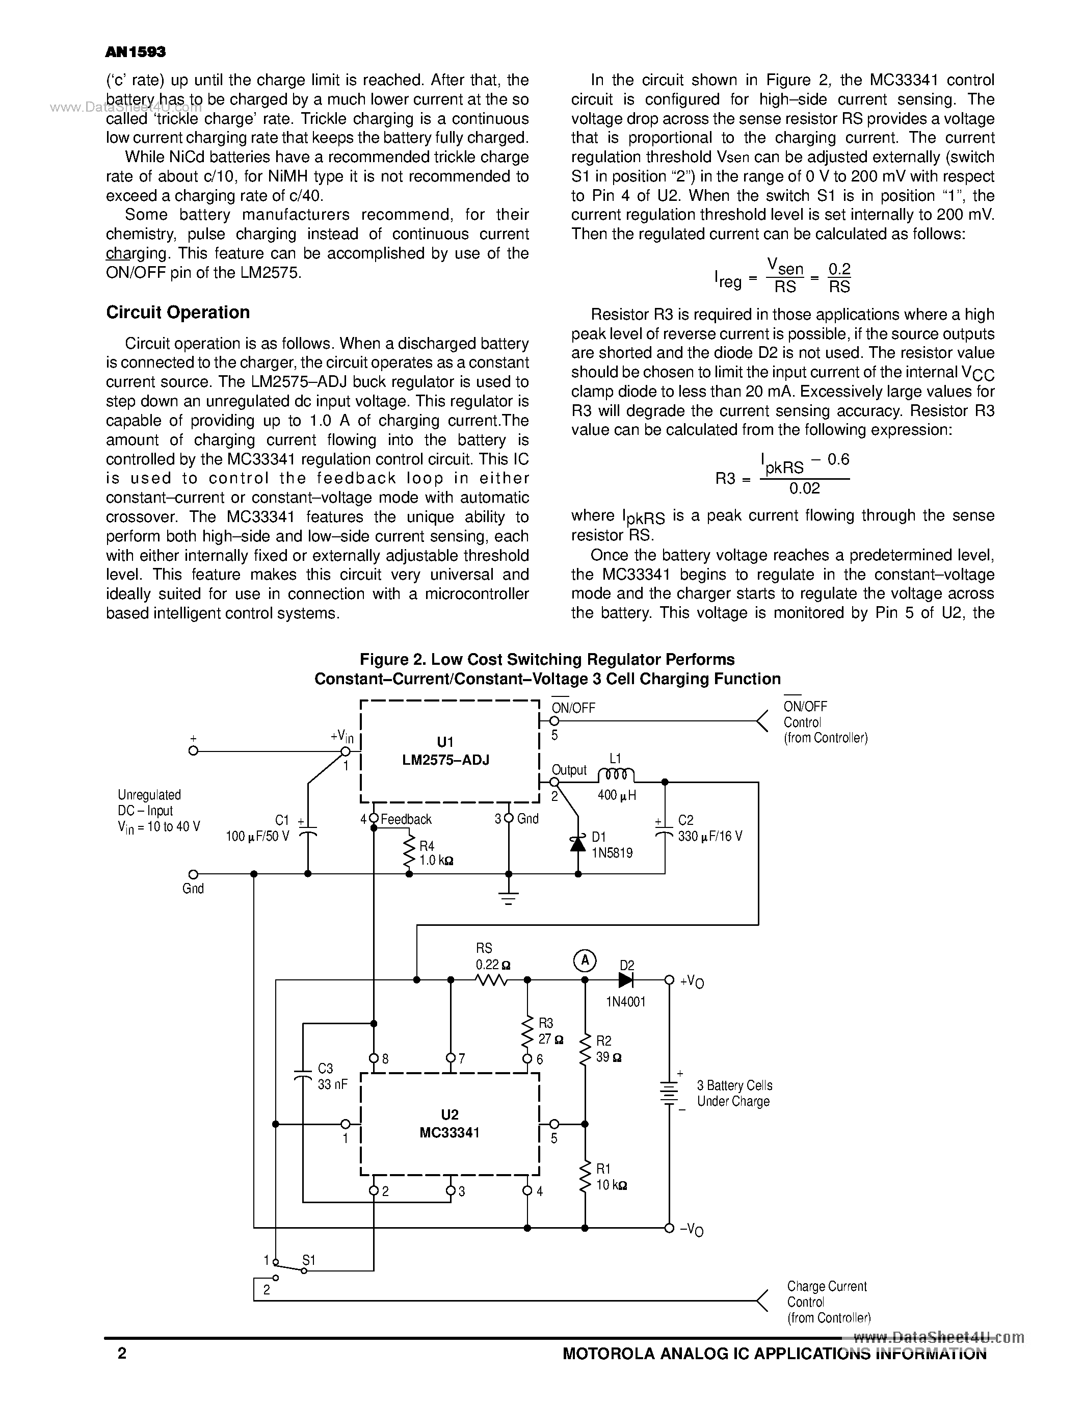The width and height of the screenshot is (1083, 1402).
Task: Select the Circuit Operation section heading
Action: click(x=178, y=313)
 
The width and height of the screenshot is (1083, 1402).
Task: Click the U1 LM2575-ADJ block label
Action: click(x=445, y=750)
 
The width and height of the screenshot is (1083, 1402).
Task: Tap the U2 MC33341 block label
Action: click(x=449, y=1124)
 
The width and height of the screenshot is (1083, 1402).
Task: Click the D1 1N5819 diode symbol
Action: click(x=578, y=844)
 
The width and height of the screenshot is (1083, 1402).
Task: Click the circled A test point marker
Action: click(x=584, y=961)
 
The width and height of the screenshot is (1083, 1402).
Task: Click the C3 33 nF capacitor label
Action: click(x=332, y=1076)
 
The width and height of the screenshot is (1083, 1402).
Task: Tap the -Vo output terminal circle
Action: click(x=669, y=1228)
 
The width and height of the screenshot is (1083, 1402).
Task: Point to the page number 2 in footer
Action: click(x=122, y=1353)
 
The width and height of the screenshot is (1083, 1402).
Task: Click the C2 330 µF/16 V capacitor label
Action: click(x=709, y=829)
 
